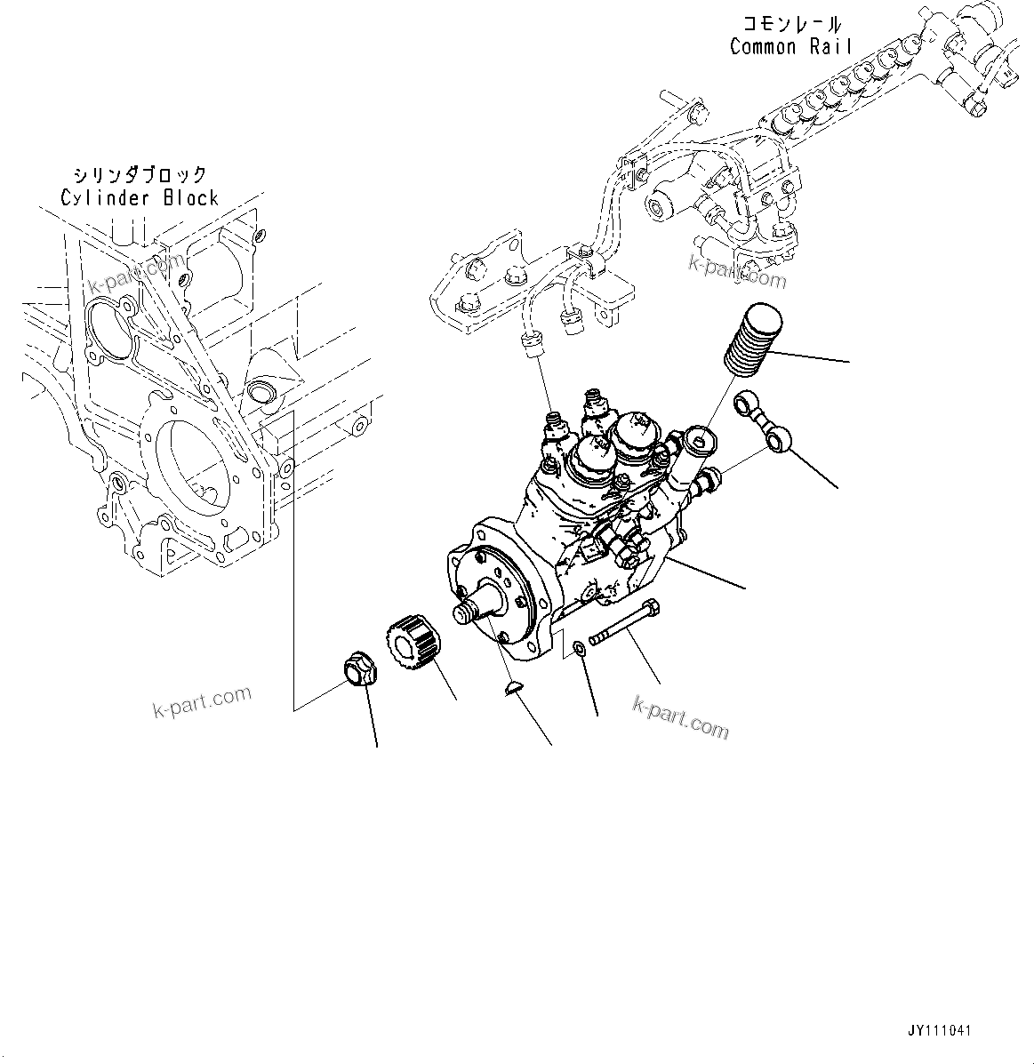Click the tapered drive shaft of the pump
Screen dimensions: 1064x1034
[481, 608]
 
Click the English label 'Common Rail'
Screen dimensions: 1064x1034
[790, 47]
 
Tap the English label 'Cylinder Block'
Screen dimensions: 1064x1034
[140, 197]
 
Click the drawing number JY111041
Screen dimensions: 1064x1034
[939, 1031]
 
